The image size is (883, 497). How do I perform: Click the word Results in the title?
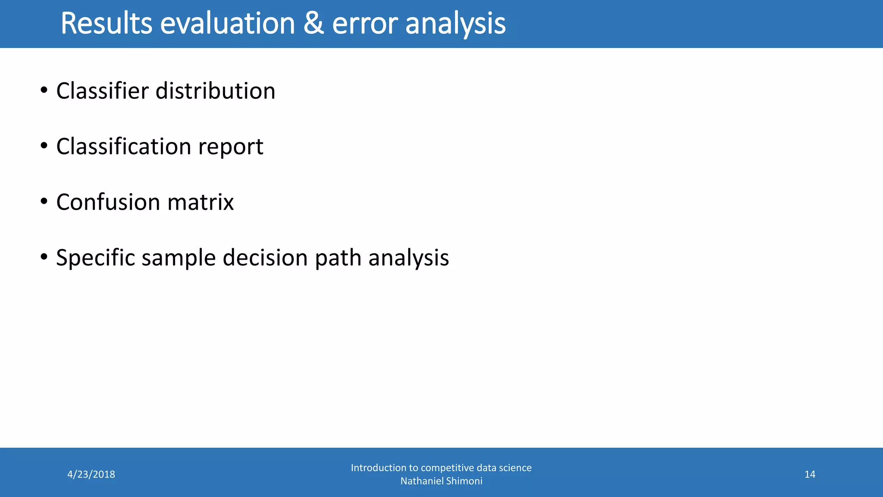[106, 23]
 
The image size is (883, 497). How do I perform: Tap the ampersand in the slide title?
[313, 23]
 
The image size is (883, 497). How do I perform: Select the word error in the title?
[365, 23]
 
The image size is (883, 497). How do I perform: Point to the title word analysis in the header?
[455, 23]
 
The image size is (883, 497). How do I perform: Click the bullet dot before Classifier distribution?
[44, 91]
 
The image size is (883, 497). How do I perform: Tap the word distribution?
[215, 91]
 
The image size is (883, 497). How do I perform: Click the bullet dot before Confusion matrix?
[44, 201]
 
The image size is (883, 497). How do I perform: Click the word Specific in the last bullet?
[95, 258]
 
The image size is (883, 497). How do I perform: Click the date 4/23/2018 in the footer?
[91, 475]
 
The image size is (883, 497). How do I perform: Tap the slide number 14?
[810, 475]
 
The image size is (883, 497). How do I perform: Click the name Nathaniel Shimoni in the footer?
[441, 481]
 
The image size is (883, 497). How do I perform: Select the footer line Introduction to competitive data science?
[441, 468]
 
